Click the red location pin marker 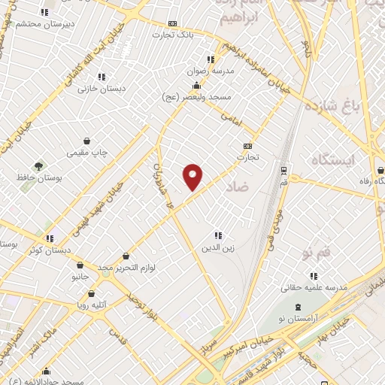193,176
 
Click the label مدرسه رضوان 214,70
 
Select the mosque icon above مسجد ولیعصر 196,86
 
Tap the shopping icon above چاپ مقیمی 88,141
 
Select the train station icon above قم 283,170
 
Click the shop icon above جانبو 80,265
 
